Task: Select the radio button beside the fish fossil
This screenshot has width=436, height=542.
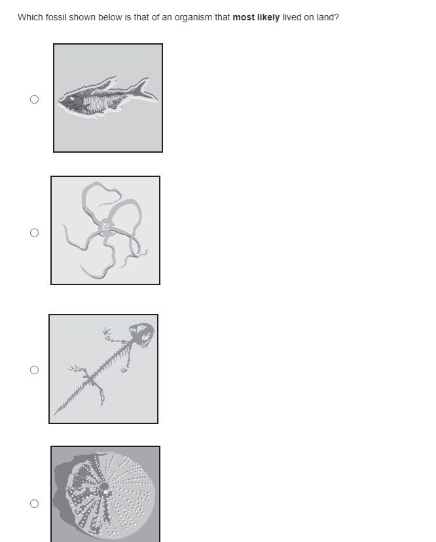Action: pos(34,100)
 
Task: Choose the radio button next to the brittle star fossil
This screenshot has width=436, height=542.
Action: pos(34,233)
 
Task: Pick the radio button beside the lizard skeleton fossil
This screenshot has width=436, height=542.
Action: pos(34,370)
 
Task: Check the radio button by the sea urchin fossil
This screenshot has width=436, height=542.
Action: pos(34,503)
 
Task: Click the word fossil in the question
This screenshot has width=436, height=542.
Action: pos(56,17)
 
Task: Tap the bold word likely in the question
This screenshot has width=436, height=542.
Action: pos(268,17)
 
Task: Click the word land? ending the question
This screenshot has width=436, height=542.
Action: pos(328,17)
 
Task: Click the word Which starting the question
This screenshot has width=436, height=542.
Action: pos(30,17)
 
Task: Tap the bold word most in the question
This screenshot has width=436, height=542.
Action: pos(244,18)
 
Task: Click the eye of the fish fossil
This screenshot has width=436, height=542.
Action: pos(72,98)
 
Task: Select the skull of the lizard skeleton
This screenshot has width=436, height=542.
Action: pos(141,334)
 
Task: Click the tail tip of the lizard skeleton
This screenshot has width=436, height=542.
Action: pos(54,414)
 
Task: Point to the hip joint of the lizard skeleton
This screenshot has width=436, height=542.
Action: pos(90,380)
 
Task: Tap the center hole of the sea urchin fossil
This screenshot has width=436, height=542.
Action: pos(104,487)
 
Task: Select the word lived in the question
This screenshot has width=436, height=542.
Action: pos(292,17)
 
